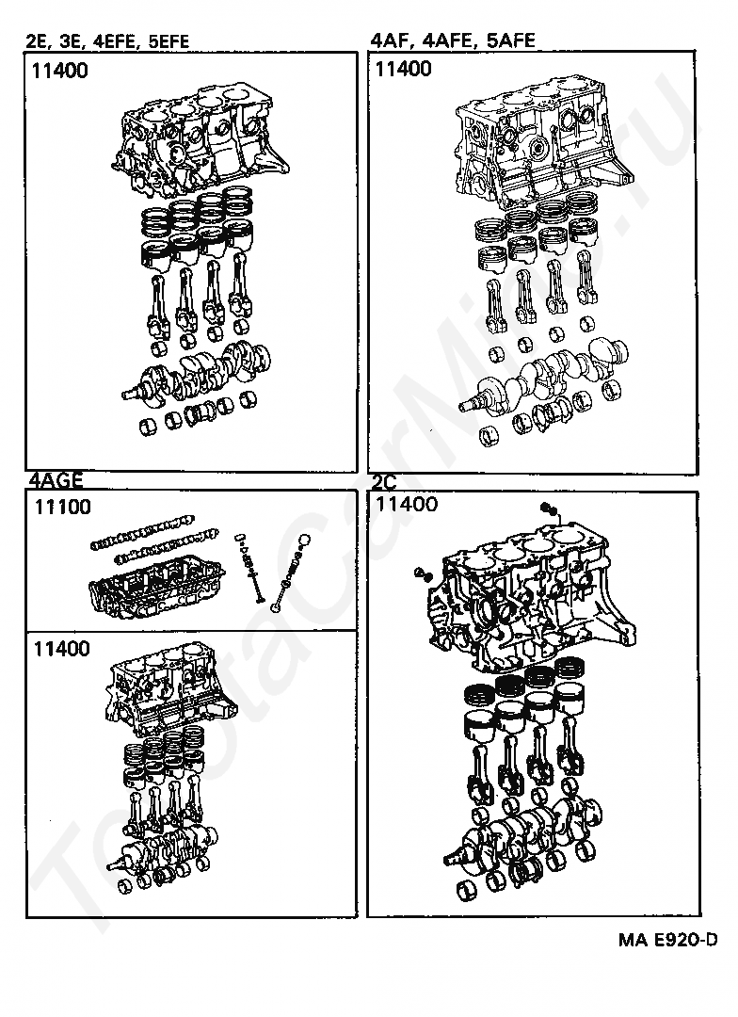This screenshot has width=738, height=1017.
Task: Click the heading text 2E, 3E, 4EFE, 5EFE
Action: (108, 41)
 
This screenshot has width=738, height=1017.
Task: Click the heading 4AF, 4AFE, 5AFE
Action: (453, 40)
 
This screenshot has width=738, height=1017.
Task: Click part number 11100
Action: (62, 508)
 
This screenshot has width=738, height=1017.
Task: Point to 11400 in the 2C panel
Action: (406, 505)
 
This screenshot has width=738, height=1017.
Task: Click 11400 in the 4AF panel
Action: (403, 69)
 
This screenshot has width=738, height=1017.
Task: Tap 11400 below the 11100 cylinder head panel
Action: (62, 649)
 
